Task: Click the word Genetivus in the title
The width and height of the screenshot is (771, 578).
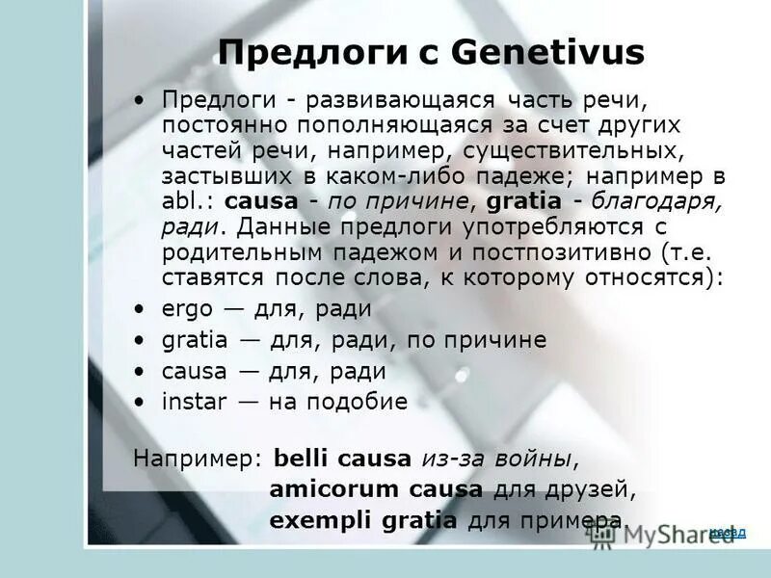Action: coord(545,53)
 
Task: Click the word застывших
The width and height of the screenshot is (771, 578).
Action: coord(211,177)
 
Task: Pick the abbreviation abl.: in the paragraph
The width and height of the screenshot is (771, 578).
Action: coord(189,202)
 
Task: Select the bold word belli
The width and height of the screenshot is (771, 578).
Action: coord(302,458)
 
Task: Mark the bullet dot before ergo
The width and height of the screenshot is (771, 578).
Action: coord(141,310)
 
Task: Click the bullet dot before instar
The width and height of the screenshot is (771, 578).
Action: coord(141,403)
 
